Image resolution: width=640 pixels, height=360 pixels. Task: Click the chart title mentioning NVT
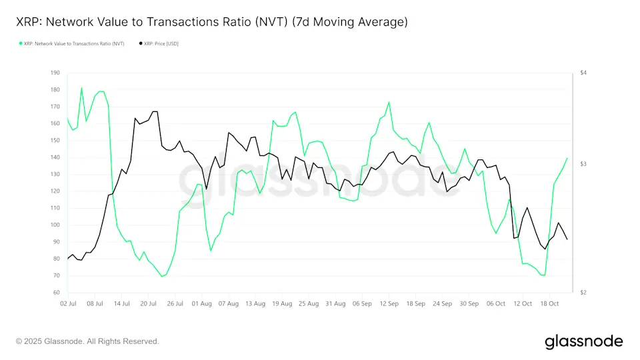point(211,22)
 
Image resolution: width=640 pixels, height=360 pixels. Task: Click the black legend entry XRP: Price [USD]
point(159,43)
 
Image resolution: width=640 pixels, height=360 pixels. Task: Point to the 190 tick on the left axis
point(55,73)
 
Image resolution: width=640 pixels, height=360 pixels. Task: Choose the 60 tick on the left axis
point(55,293)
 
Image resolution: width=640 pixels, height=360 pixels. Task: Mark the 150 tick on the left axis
point(55,140)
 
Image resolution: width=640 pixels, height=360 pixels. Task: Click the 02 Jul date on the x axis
point(67,303)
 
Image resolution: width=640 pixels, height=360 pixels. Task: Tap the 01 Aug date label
point(202,303)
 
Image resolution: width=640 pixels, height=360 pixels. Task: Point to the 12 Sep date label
point(389,303)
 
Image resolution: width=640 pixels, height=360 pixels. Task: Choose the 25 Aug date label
point(309,303)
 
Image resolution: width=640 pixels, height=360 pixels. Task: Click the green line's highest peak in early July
point(81,88)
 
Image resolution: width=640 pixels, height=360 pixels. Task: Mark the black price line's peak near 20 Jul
point(155,111)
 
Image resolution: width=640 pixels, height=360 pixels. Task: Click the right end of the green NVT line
point(567,158)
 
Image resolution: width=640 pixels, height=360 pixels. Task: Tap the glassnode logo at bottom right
point(583,341)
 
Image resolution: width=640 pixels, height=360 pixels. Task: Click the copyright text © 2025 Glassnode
point(87,341)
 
